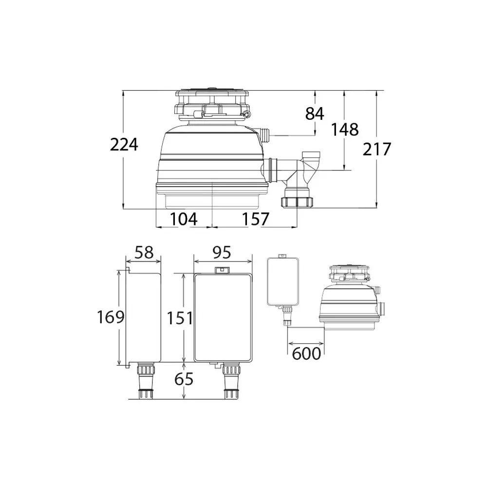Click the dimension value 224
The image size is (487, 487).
coord(124,145)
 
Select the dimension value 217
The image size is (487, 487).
coord(377,150)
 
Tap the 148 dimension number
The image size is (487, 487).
coord(345,130)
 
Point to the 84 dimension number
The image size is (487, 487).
coord(315,113)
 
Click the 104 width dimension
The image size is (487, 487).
coord(184,219)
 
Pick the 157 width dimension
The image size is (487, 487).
coord(255,219)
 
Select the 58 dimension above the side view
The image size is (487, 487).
coord(145,252)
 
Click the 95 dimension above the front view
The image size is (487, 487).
coord(222,252)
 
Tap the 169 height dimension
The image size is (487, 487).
coord(111,317)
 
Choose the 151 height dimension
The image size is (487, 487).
coord(180,318)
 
